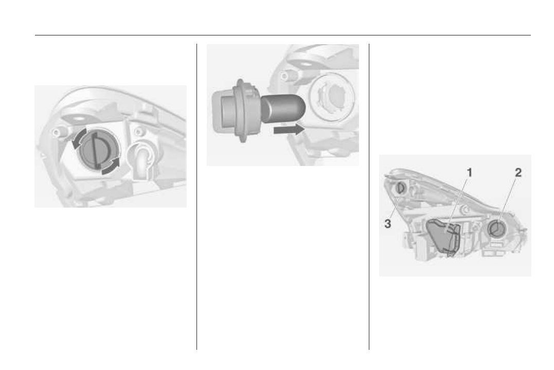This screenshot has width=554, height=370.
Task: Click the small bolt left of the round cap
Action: tap(57, 133)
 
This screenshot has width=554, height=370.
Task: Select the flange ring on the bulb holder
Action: tap(241, 110)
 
